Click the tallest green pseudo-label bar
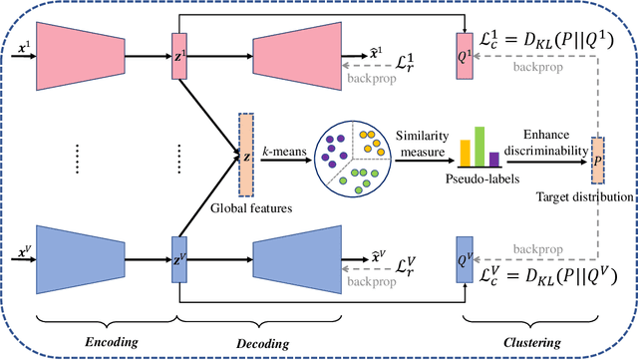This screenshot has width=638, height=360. coord(478,146)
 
